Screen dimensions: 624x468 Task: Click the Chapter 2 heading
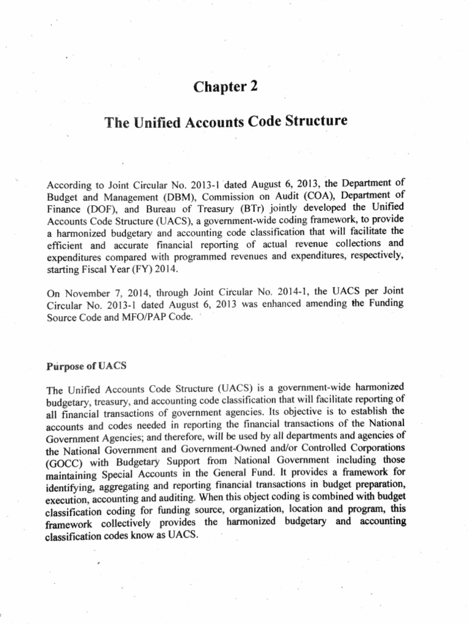[x=225, y=87]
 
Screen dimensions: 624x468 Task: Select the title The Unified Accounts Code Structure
[x=225, y=122]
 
